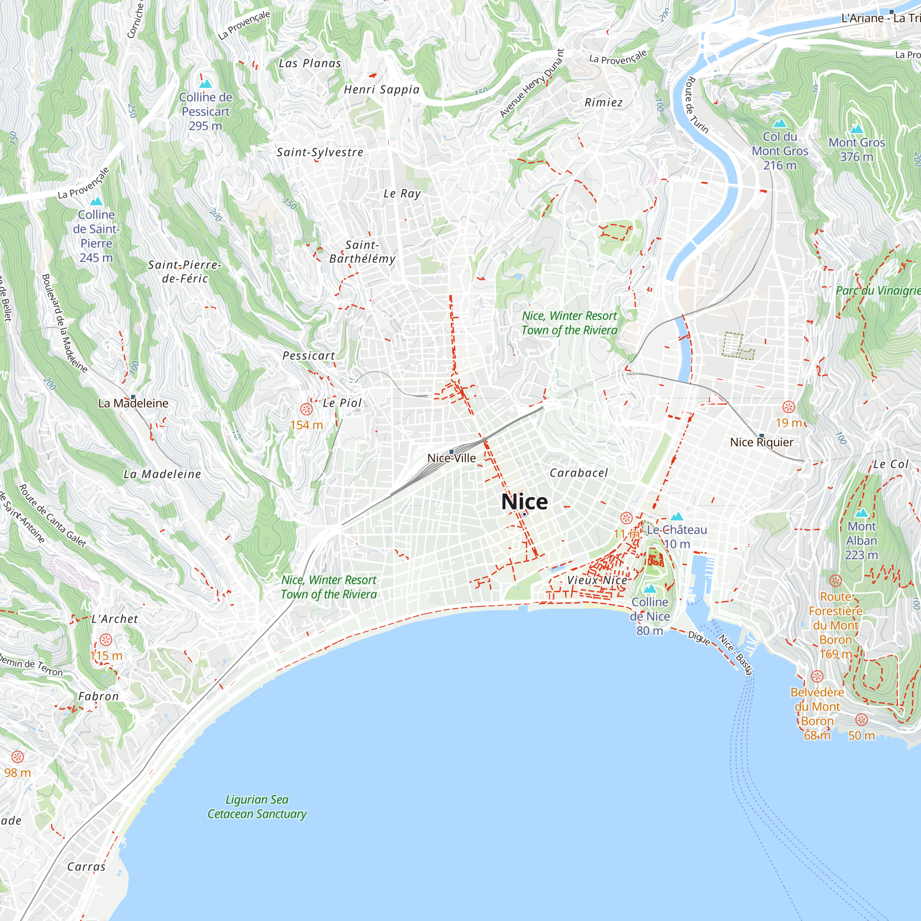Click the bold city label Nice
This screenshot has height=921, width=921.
[525, 501]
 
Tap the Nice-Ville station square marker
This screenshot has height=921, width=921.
[451, 451]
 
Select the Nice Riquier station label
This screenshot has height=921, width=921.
[761, 443]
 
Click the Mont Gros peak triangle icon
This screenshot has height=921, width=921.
[857, 129]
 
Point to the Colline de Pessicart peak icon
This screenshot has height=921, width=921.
[205, 84]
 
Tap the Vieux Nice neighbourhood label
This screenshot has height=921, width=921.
[597, 580]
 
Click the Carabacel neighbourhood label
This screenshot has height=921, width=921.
[579, 473]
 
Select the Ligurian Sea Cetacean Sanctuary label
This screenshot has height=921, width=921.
[257, 807]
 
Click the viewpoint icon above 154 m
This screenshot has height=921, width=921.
[306, 409]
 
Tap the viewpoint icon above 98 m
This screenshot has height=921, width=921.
[17, 757]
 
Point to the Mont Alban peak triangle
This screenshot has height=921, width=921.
[862, 513]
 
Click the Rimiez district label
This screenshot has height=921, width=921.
[604, 103]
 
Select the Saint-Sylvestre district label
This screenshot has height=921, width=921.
[320, 152]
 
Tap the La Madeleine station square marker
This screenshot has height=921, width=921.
[133, 396]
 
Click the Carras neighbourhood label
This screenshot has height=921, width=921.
[86, 867]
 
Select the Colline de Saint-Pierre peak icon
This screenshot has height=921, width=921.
[96, 202]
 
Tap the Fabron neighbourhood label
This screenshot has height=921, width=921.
[99, 696]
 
